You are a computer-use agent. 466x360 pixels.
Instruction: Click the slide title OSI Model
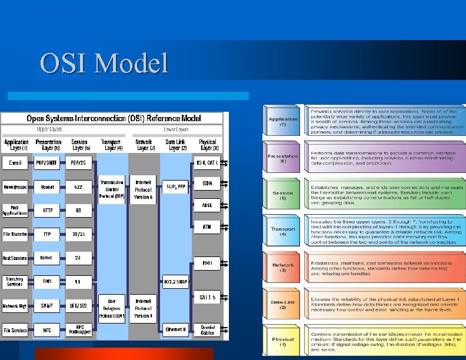pyautogui.click(x=104, y=63)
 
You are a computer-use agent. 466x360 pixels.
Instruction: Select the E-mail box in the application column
pyautogui.click(x=16, y=162)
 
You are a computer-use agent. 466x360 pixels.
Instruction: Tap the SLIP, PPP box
pyautogui.click(x=175, y=186)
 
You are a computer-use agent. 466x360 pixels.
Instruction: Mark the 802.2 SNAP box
pyautogui.click(x=175, y=282)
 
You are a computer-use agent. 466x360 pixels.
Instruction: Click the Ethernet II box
pyautogui.click(x=175, y=329)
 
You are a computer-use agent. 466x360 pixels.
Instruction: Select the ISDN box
pyautogui.click(x=207, y=184)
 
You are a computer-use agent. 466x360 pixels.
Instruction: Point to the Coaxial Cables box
pyautogui.click(x=207, y=329)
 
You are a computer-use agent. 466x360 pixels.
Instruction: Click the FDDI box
pyautogui.click(x=207, y=263)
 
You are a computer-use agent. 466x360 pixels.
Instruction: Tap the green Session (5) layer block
pyautogui.click(x=283, y=195)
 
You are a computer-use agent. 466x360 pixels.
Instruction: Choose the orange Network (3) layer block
pyautogui.click(x=283, y=268)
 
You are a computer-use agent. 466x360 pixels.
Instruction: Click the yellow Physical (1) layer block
pyautogui.click(x=283, y=342)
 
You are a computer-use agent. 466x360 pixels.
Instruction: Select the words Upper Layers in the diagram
pyautogui.click(x=49, y=128)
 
